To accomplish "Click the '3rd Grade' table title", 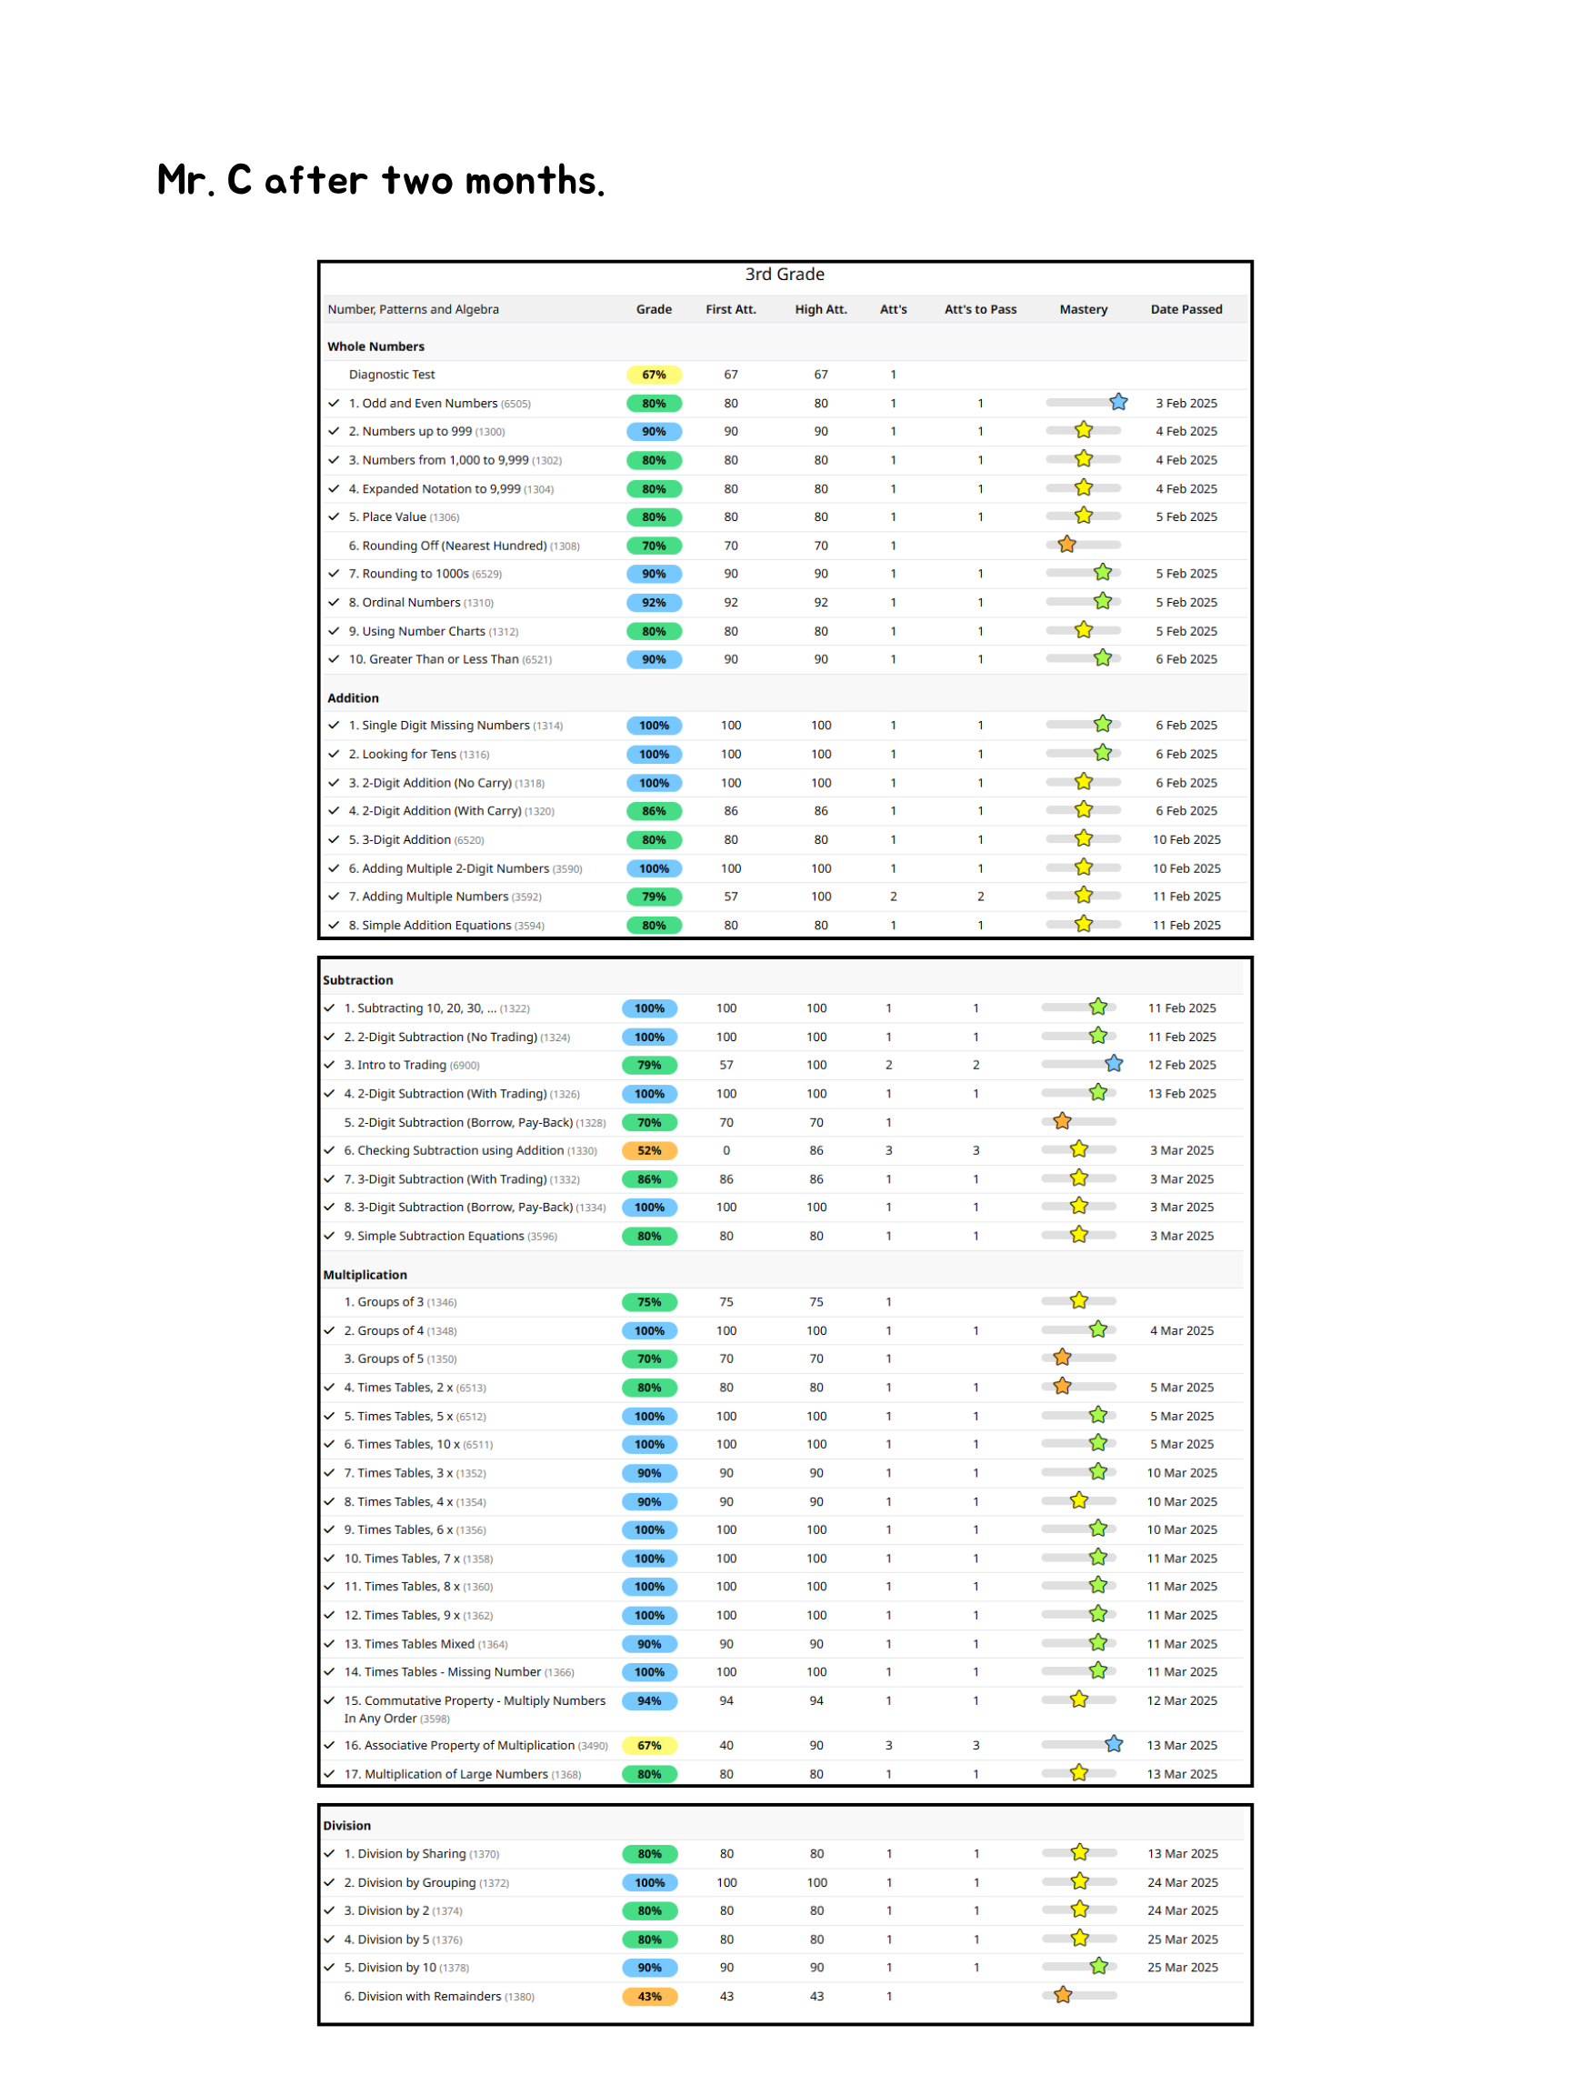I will tap(784, 275).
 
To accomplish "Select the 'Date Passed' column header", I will tap(1186, 310).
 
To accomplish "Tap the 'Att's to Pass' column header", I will tap(980, 310).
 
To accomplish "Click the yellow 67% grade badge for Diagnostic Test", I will tap(654, 375).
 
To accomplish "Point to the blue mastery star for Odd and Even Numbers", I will tap(1118, 403).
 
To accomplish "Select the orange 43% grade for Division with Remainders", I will tap(648, 1997).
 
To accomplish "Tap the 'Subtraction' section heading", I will tap(358, 980).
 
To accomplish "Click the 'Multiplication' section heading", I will tap(365, 1275).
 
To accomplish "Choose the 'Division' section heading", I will tap(346, 1825).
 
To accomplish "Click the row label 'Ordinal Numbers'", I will tap(411, 602).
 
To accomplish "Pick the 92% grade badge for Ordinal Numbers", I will tap(654, 602).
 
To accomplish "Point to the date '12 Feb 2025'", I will tap(1182, 1065).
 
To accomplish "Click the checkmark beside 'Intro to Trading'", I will tap(329, 1065).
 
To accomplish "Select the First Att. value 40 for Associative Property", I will tap(726, 1746).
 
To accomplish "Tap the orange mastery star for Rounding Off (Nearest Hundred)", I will tap(1067, 545).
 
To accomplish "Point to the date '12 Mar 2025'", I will tap(1182, 1701).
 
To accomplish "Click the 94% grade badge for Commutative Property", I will tap(648, 1701).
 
